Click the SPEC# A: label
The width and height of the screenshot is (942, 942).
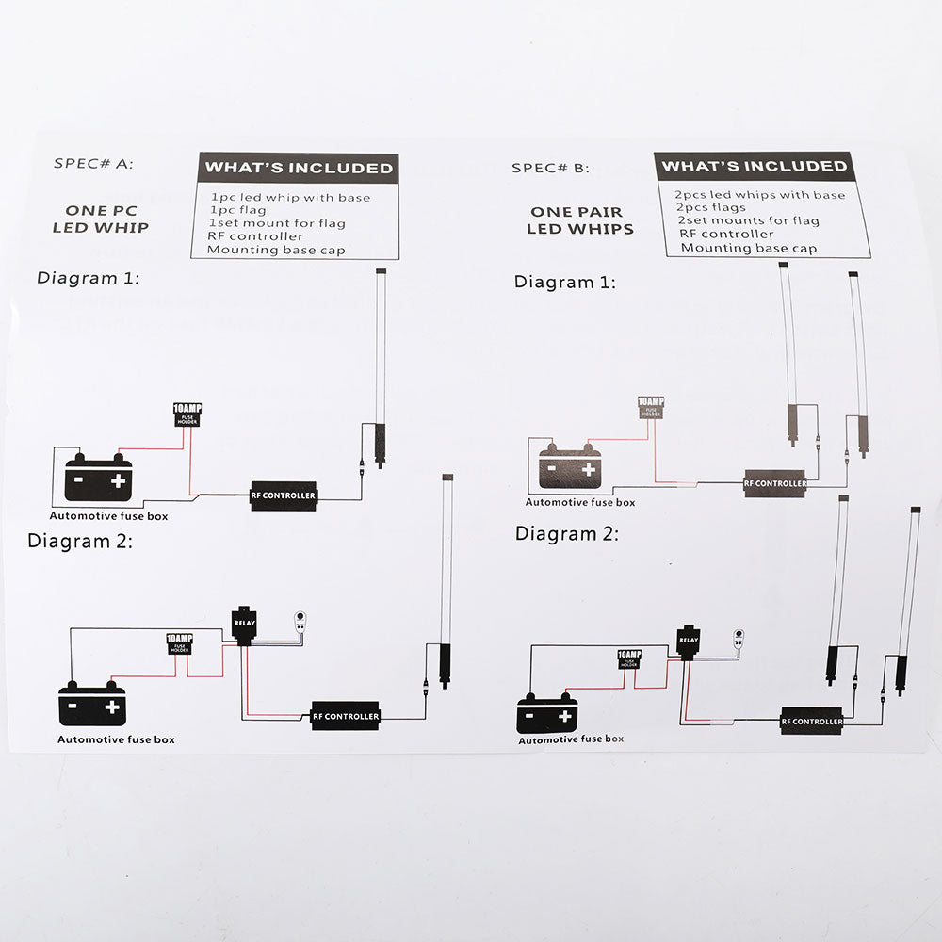point(94,163)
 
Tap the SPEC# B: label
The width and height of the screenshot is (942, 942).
point(550,168)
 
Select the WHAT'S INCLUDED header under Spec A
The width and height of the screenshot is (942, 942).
point(299,168)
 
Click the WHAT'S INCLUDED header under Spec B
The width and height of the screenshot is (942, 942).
point(754,166)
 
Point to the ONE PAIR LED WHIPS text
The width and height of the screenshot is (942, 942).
point(580,220)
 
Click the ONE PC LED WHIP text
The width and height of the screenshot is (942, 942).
point(101,219)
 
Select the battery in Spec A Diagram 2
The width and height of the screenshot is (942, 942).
point(93,702)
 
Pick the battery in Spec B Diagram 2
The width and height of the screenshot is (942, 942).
point(547,713)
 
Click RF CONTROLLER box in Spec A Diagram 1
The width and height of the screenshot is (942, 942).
point(283,495)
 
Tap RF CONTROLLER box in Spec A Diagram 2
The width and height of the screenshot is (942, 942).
point(346,716)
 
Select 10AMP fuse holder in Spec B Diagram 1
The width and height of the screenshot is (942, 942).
point(651,407)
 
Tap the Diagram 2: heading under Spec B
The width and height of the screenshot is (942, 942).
point(567,533)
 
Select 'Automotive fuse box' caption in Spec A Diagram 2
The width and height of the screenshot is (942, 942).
point(116,739)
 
